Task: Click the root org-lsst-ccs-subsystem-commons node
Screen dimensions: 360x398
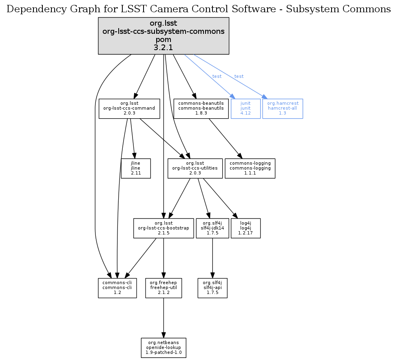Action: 164,36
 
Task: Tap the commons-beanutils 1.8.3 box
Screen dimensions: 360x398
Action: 201,108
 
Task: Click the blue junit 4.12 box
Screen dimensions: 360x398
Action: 245,108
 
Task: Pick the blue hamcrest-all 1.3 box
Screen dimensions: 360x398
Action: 283,108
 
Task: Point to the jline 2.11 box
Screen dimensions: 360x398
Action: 136,168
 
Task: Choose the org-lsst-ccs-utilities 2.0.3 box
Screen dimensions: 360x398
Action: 195,168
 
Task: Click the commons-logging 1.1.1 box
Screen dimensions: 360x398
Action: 250,168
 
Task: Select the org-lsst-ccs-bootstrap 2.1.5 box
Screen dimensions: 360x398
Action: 164,228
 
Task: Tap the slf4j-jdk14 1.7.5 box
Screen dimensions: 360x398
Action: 212,228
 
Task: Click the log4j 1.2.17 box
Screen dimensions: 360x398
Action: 245,228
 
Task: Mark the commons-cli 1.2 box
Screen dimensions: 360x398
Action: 117,288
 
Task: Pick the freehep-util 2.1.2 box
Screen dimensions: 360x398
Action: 164,288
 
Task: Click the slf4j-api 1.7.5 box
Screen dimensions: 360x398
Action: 212,288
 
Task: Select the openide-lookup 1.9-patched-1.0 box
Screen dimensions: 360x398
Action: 164,347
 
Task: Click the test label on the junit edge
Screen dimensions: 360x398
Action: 217,77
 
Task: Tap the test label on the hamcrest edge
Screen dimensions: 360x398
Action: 239,77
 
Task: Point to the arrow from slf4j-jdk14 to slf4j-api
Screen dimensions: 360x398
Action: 212,258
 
